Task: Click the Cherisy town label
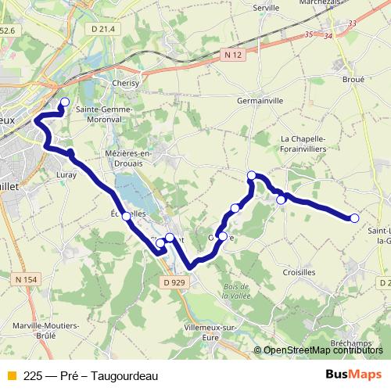tap(126, 82)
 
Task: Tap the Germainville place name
tap(260, 101)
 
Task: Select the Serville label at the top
tap(267, 7)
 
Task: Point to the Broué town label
tap(353, 79)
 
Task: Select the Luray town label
tap(67, 175)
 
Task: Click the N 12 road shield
tap(231, 55)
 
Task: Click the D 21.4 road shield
tap(102, 29)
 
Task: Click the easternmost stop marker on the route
tap(354, 218)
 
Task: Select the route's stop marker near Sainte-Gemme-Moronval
tap(65, 102)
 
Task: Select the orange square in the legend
tap(11, 375)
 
